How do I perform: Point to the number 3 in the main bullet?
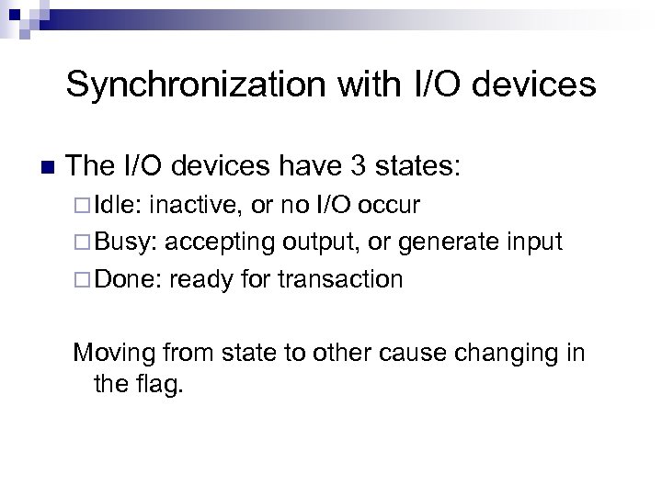click(360, 166)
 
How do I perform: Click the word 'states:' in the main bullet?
click(422, 166)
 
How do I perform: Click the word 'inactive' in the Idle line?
click(194, 204)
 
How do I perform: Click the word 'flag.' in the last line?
click(160, 385)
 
